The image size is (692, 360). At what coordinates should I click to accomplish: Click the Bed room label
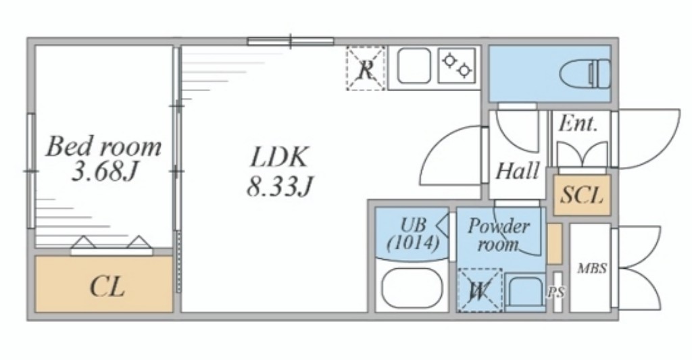pos(103,147)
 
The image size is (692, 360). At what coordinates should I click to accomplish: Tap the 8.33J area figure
pos(279,186)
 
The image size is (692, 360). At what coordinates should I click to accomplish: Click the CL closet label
pos(107,287)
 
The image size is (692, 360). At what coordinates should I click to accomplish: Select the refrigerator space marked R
pos(366,68)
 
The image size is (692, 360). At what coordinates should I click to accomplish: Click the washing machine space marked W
pos(479,290)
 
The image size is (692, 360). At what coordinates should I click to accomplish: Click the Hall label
pos(518,171)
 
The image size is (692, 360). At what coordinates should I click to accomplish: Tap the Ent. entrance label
pos(578,124)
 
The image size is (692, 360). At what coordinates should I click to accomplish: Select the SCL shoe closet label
pos(582,195)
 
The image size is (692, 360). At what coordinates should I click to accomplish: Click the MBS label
pos(592,267)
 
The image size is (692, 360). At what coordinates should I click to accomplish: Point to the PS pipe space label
pos(557,292)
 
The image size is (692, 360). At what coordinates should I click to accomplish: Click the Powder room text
pos(499,235)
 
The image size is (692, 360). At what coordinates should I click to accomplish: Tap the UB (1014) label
pos(413,234)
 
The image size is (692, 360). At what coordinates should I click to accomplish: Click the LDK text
pos(278,157)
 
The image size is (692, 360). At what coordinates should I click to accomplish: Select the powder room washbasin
pos(525,291)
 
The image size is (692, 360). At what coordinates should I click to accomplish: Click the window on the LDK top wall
pos(291,41)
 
